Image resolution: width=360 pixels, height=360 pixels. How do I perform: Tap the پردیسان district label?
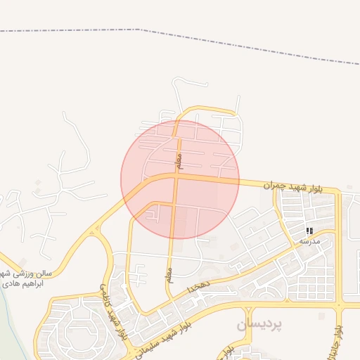(258, 324)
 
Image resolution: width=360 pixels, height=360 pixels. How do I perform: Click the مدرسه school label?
(309, 241)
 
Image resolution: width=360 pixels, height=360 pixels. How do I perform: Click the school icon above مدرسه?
(309, 231)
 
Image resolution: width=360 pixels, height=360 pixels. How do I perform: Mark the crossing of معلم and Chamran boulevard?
(176, 176)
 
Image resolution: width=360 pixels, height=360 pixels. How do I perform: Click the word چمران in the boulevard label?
(276, 186)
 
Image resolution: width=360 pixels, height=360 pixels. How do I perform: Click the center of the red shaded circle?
(180, 179)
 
